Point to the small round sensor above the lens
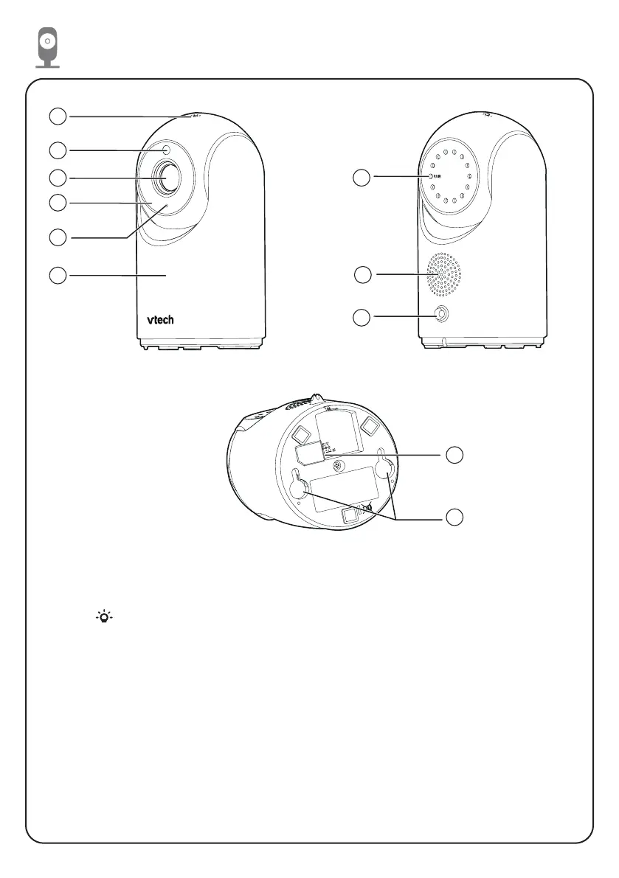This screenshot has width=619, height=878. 167,150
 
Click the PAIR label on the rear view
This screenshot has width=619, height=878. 435,178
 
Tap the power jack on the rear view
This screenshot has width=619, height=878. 441,315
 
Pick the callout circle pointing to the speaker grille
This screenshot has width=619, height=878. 362,275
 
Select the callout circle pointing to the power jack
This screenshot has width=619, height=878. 362,318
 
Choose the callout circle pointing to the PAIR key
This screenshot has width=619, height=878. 361,178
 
